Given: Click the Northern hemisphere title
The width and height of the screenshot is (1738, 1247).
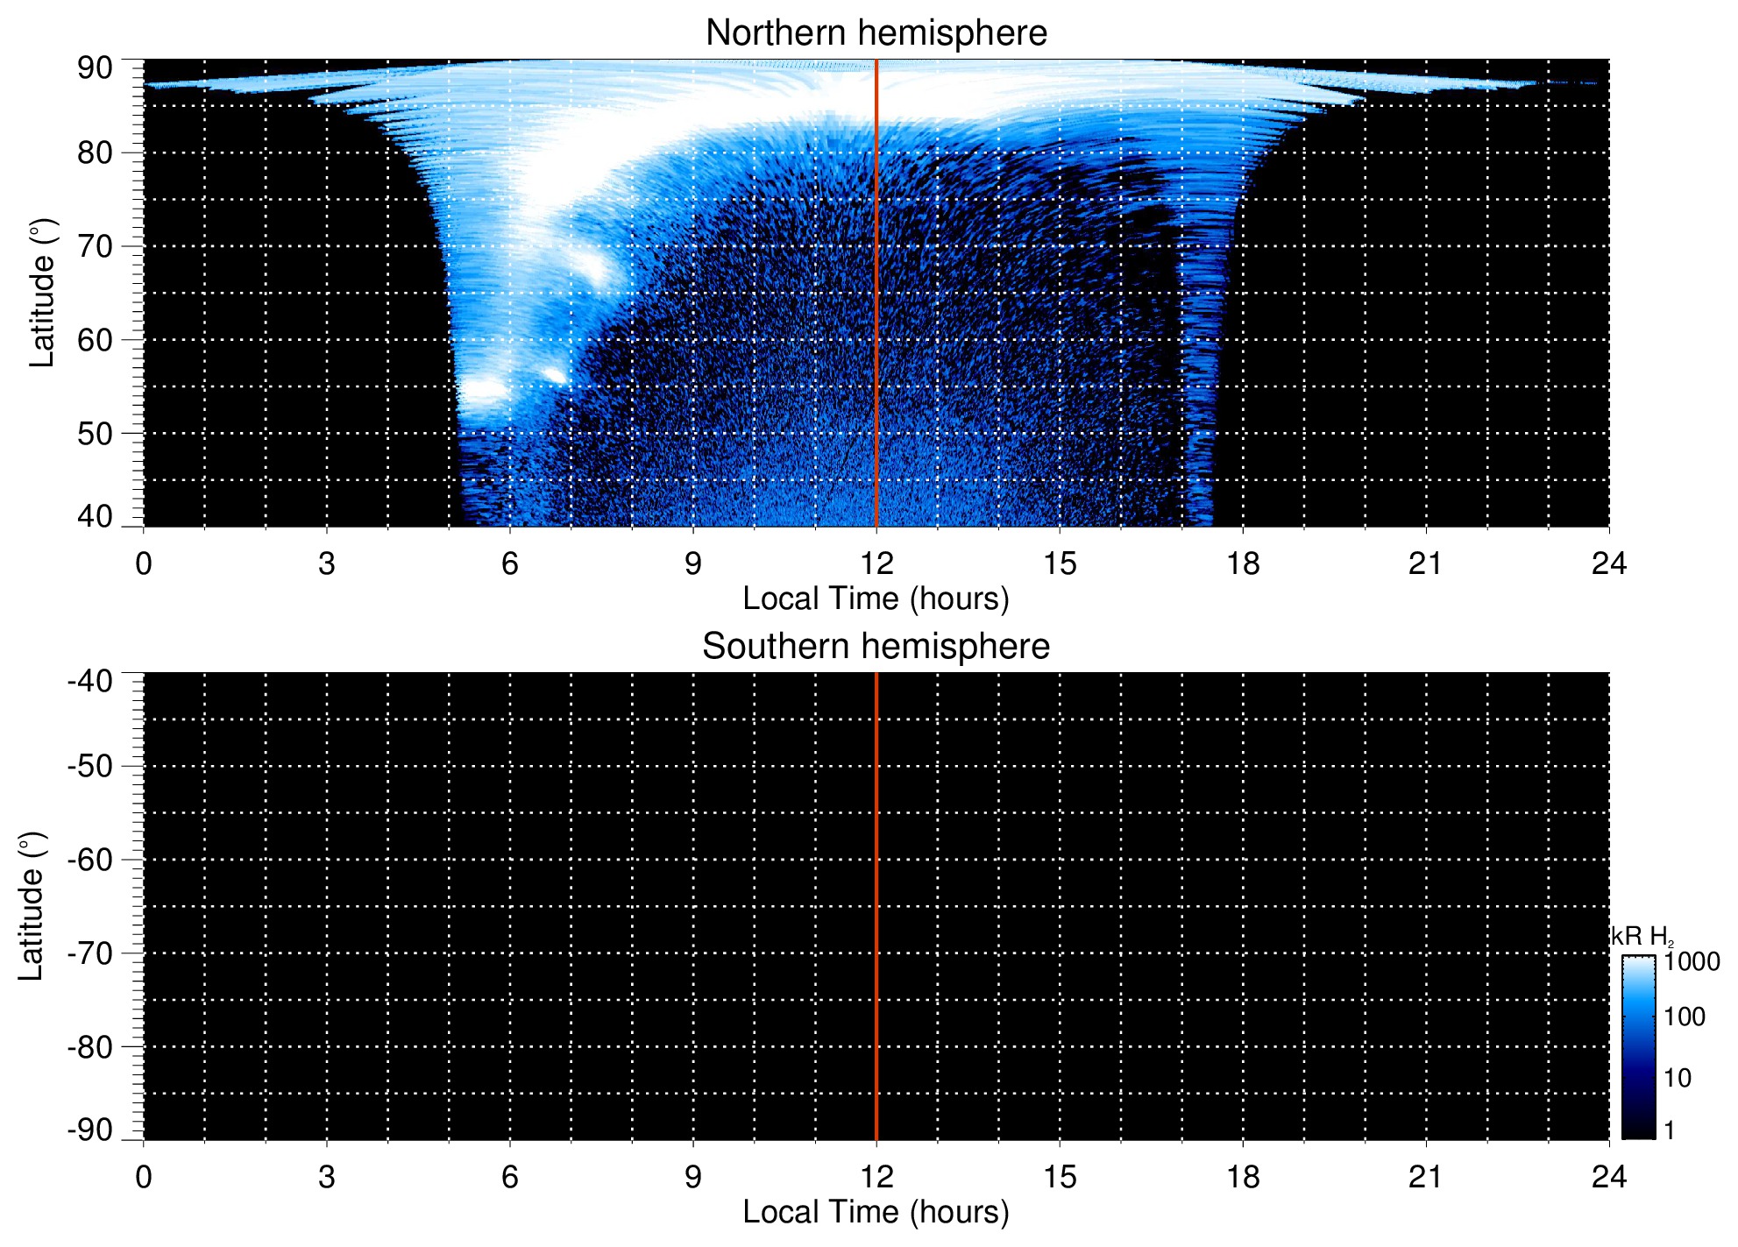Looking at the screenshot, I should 876,33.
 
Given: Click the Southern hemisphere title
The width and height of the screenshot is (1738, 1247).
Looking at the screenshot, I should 876,647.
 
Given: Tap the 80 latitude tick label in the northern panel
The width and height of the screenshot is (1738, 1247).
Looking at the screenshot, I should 95,153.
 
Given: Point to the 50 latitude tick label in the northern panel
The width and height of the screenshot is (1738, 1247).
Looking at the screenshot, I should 95,434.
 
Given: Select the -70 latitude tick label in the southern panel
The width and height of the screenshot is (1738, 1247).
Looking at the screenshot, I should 89,953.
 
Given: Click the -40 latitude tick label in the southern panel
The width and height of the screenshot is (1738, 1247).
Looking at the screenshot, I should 89,681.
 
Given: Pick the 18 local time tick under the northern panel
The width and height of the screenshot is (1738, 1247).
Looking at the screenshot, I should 1242,563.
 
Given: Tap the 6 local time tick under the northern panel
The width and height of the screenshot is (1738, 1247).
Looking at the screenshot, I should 509,563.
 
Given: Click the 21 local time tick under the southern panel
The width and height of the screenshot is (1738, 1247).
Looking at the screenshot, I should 1425,1177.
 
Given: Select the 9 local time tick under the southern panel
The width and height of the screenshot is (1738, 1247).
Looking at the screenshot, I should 692,1177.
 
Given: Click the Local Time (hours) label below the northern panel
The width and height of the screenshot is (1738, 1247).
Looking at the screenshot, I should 876,599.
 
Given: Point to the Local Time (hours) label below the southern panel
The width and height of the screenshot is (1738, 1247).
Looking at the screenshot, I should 876,1212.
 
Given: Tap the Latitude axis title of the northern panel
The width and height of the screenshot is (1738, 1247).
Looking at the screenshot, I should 42,293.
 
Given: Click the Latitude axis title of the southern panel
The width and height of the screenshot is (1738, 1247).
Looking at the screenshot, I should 32,906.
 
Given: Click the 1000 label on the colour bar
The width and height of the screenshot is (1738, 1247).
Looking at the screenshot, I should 1692,962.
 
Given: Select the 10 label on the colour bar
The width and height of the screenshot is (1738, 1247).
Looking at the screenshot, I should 1678,1078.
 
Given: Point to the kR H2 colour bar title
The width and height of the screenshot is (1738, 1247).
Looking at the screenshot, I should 1642,937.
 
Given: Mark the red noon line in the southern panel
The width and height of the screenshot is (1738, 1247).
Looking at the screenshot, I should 876,906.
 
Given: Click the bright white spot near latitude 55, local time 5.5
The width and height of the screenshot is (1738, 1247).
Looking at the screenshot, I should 483,390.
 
